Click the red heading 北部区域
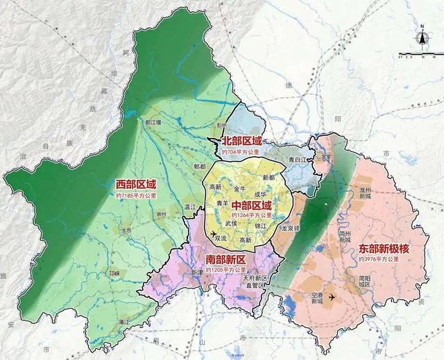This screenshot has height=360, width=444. pos(238,141)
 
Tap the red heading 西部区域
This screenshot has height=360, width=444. pos(135,185)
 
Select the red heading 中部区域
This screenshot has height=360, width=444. pos(251,206)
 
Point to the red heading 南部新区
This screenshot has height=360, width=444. pos(225,258)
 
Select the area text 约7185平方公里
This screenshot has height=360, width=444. pos(136,196)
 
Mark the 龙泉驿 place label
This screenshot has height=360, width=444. pos(290,228)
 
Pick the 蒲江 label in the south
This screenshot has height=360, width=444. pos(124,322)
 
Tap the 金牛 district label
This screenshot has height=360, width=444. pos(240,188)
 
